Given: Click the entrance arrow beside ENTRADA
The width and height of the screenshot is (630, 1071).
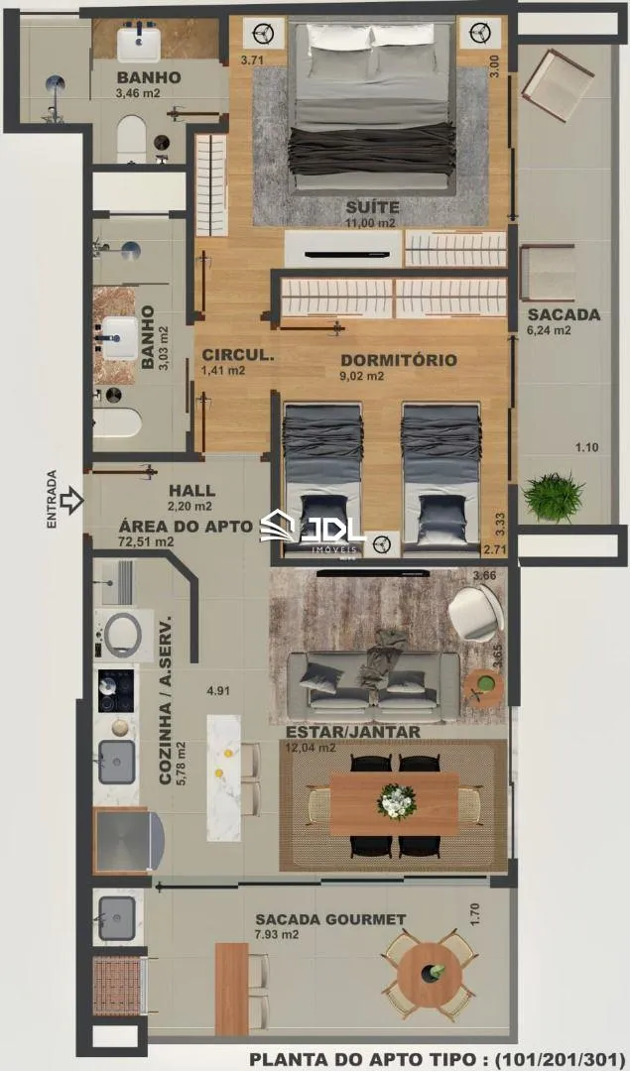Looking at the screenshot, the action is pyautogui.click(x=71, y=501).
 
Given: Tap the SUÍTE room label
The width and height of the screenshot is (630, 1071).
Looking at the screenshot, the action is pyautogui.click(x=372, y=207).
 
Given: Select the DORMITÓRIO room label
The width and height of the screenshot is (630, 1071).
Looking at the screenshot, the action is pyautogui.click(x=399, y=360).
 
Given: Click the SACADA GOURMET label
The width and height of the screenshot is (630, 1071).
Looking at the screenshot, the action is pyautogui.click(x=330, y=919).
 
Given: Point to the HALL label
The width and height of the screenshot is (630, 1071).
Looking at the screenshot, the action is pyautogui.click(x=192, y=491).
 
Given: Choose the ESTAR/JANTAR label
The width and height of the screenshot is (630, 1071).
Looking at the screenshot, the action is pyautogui.click(x=352, y=732).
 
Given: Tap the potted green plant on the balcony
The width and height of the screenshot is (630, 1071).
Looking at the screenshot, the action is pyautogui.click(x=554, y=497).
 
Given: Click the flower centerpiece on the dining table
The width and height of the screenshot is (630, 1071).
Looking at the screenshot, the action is pyautogui.click(x=396, y=801).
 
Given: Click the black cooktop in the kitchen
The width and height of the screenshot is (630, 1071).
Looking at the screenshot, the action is pyautogui.click(x=115, y=690).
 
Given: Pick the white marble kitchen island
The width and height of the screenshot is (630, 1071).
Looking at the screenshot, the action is pyautogui.click(x=224, y=778).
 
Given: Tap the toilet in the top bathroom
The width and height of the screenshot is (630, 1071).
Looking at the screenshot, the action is pyautogui.click(x=132, y=139).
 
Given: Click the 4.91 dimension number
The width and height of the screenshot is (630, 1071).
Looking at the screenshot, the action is pyautogui.click(x=218, y=690).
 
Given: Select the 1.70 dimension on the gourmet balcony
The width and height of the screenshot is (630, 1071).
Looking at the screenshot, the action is pyautogui.click(x=475, y=914).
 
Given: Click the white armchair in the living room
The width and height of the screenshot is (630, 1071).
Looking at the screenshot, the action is pyautogui.click(x=476, y=612).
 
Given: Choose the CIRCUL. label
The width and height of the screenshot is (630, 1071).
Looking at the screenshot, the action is pyautogui.click(x=238, y=355).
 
